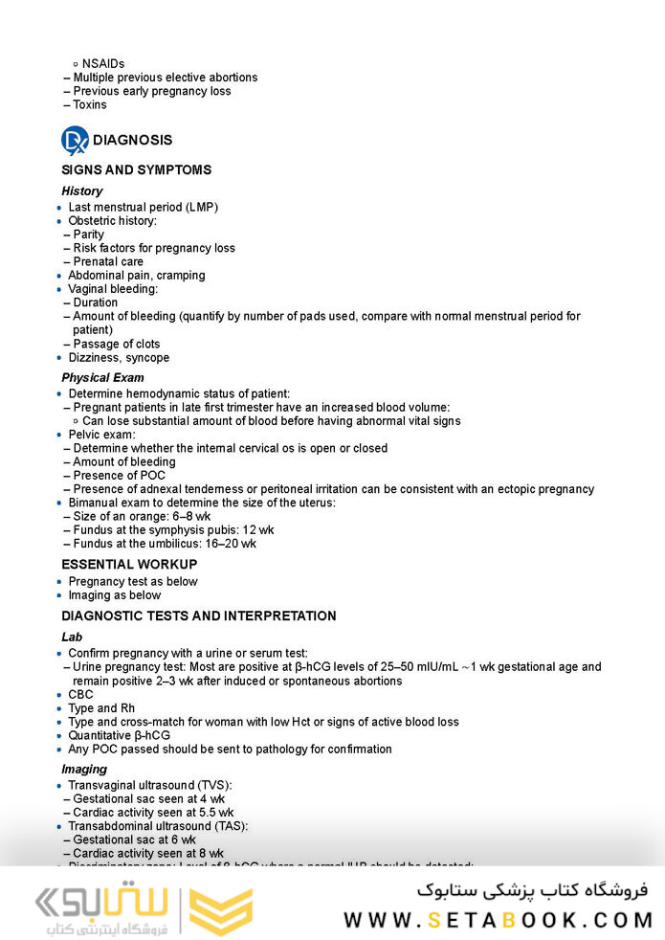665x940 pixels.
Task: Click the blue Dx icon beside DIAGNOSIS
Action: click(x=75, y=141)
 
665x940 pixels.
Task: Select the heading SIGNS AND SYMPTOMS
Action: click(x=136, y=170)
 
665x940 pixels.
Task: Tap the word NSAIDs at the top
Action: click(x=103, y=64)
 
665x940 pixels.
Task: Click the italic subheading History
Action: click(x=81, y=191)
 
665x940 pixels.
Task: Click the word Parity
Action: click(x=89, y=235)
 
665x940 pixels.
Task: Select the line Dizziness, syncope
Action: click(x=119, y=358)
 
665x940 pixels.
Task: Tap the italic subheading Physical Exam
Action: click(x=102, y=378)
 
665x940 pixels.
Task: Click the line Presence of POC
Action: click(x=119, y=476)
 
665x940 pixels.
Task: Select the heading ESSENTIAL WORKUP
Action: click(x=129, y=565)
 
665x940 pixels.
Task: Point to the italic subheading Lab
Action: click(x=72, y=638)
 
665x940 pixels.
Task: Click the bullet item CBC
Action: click(x=80, y=695)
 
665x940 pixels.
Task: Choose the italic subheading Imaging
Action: click(x=84, y=770)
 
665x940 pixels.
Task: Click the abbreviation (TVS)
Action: click(x=215, y=786)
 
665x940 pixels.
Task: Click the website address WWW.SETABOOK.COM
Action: click(x=498, y=920)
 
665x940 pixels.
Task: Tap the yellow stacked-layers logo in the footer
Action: click(x=221, y=910)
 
